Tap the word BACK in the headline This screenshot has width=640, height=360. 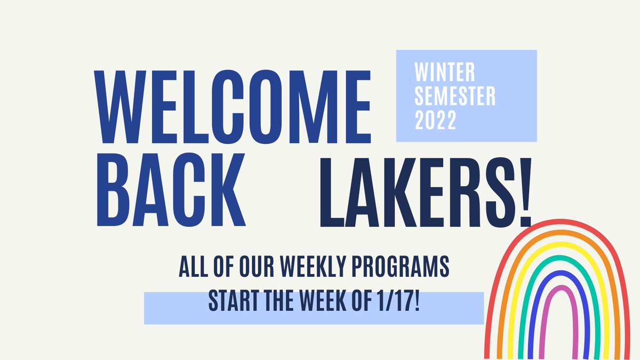pyautogui.click(x=170, y=190)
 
